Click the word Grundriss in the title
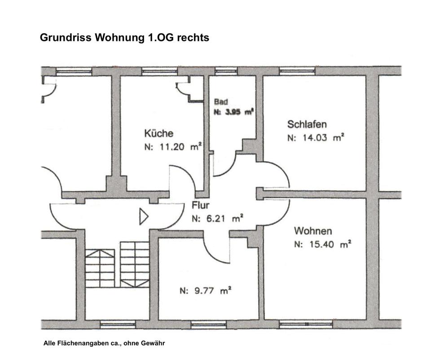point(66,38)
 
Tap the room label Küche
point(158,133)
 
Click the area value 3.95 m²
point(237,112)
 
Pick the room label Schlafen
point(307,124)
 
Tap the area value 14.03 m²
point(321,138)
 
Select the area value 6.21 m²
point(223,219)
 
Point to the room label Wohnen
point(313,231)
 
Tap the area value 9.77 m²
point(209,290)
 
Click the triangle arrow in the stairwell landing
point(143,216)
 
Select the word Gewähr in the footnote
point(154,343)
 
